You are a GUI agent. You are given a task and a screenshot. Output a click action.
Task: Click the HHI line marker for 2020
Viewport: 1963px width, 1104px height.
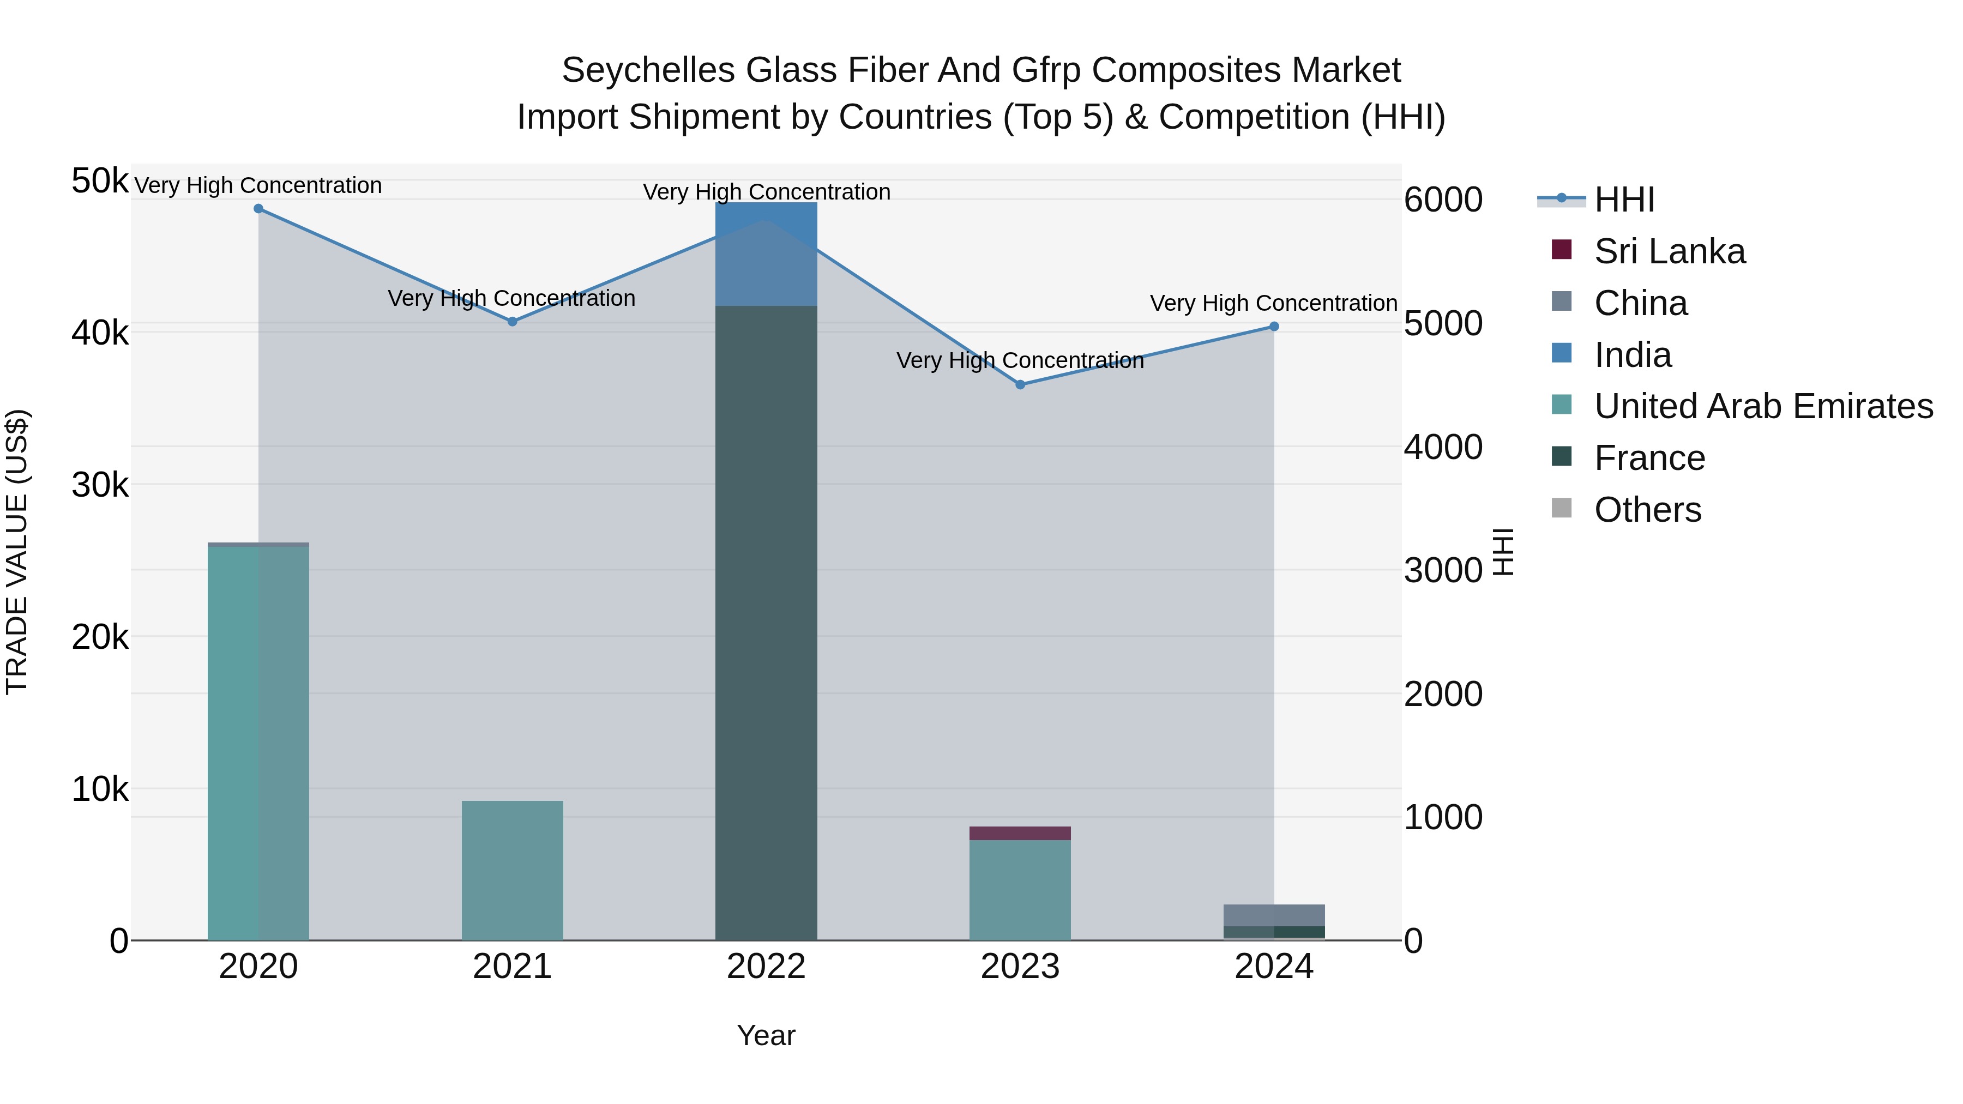(x=258, y=209)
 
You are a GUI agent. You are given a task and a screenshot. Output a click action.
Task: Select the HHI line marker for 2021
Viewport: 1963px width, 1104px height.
(x=512, y=322)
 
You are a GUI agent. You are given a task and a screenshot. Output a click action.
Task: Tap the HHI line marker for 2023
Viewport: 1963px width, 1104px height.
(x=1020, y=385)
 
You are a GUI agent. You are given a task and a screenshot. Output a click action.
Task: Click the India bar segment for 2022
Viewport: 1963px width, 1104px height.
(x=766, y=255)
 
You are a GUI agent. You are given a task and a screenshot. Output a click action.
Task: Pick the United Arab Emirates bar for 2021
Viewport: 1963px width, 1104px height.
(x=512, y=870)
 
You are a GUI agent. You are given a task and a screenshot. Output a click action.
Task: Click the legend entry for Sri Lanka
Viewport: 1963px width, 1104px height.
(x=1669, y=251)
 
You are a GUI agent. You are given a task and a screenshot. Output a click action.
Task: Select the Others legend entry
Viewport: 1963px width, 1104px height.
(x=1647, y=510)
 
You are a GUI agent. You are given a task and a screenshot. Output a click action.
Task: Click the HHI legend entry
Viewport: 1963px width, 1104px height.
(x=1624, y=200)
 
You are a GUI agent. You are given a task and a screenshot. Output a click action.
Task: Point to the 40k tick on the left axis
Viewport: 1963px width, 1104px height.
(x=100, y=333)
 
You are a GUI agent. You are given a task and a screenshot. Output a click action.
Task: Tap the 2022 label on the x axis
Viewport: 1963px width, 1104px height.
(x=766, y=967)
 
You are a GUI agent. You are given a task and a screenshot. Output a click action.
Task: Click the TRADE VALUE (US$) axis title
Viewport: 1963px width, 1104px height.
(x=17, y=552)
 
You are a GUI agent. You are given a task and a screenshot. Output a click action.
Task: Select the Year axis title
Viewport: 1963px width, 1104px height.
(x=766, y=1035)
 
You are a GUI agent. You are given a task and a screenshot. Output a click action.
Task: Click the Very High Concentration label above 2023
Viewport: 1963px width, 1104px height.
(x=1020, y=360)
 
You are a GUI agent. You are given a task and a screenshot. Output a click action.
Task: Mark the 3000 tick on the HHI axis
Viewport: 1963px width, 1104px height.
(x=1442, y=571)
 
